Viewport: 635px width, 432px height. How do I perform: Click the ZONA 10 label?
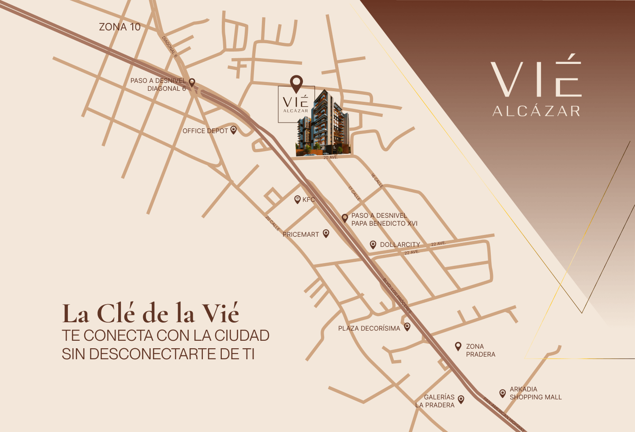tap(120, 27)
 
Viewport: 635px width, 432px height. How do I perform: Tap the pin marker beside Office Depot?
tap(234, 130)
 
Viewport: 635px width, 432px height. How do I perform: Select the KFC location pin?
tap(297, 199)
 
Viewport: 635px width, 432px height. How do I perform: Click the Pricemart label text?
tap(301, 235)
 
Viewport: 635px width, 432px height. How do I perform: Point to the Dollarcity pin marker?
tap(373, 244)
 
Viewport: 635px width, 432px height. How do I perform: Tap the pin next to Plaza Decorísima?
tap(407, 327)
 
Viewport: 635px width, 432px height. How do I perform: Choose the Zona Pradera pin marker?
tap(458, 346)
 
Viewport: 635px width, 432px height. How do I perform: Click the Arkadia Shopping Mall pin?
tap(502, 393)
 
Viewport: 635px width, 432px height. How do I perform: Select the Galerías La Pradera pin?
tap(461, 399)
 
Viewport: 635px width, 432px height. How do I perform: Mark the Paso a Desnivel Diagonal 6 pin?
tap(192, 82)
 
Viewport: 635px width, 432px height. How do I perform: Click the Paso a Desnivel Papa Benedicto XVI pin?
tap(345, 218)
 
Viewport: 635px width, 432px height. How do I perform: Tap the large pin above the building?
tap(296, 83)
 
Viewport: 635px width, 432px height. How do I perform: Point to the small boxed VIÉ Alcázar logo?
tap(296, 104)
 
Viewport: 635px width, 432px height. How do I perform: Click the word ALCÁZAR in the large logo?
tap(536, 111)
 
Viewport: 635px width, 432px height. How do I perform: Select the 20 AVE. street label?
tap(330, 158)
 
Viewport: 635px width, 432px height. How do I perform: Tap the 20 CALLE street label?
tap(273, 223)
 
